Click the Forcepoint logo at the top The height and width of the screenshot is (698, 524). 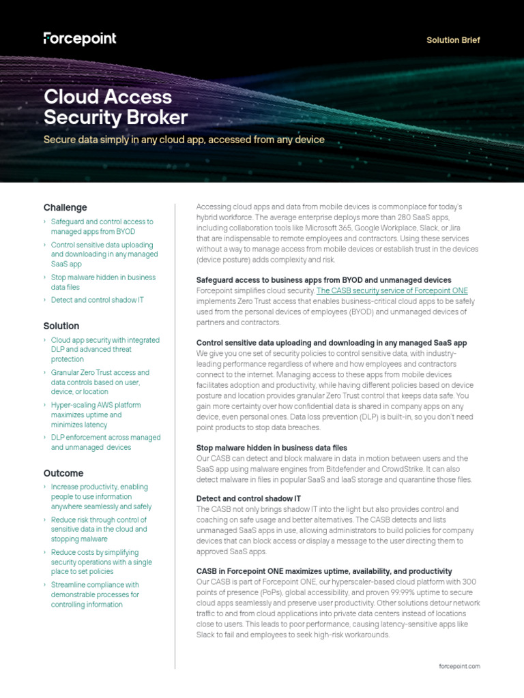point(80,39)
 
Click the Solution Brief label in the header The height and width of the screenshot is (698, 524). point(453,40)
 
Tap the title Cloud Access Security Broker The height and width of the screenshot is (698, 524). point(115,107)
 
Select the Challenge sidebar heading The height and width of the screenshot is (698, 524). point(65,207)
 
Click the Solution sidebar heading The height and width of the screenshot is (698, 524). point(61,326)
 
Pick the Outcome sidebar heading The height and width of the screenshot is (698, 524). point(63,473)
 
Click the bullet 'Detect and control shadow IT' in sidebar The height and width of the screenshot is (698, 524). point(98,300)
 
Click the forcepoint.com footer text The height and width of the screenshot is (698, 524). point(460,666)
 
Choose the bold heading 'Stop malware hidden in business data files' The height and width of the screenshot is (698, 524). point(272,448)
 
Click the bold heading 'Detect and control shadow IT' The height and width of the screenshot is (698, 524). point(248,498)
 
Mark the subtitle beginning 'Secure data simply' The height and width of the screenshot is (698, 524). point(184,140)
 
